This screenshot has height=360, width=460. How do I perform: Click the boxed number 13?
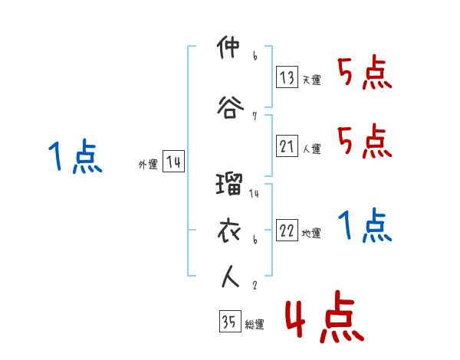pyautogui.click(x=287, y=77)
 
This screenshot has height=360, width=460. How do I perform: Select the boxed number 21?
pyautogui.click(x=287, y=146)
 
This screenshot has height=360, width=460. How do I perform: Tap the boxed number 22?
pyautogui.click(x=287, y=231)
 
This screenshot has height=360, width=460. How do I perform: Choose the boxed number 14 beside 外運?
pyautogui.click(x=173, y=162)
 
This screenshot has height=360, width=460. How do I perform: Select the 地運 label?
pyautogui.click(x=311, y=234)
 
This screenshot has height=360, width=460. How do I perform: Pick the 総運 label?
pyautogui.click(x=255, y=325)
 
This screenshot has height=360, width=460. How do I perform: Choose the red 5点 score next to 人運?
pyautogui.click(x=365, y=142)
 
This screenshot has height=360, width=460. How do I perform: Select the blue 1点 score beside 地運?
pyautogui.click(x=365, y=227)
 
